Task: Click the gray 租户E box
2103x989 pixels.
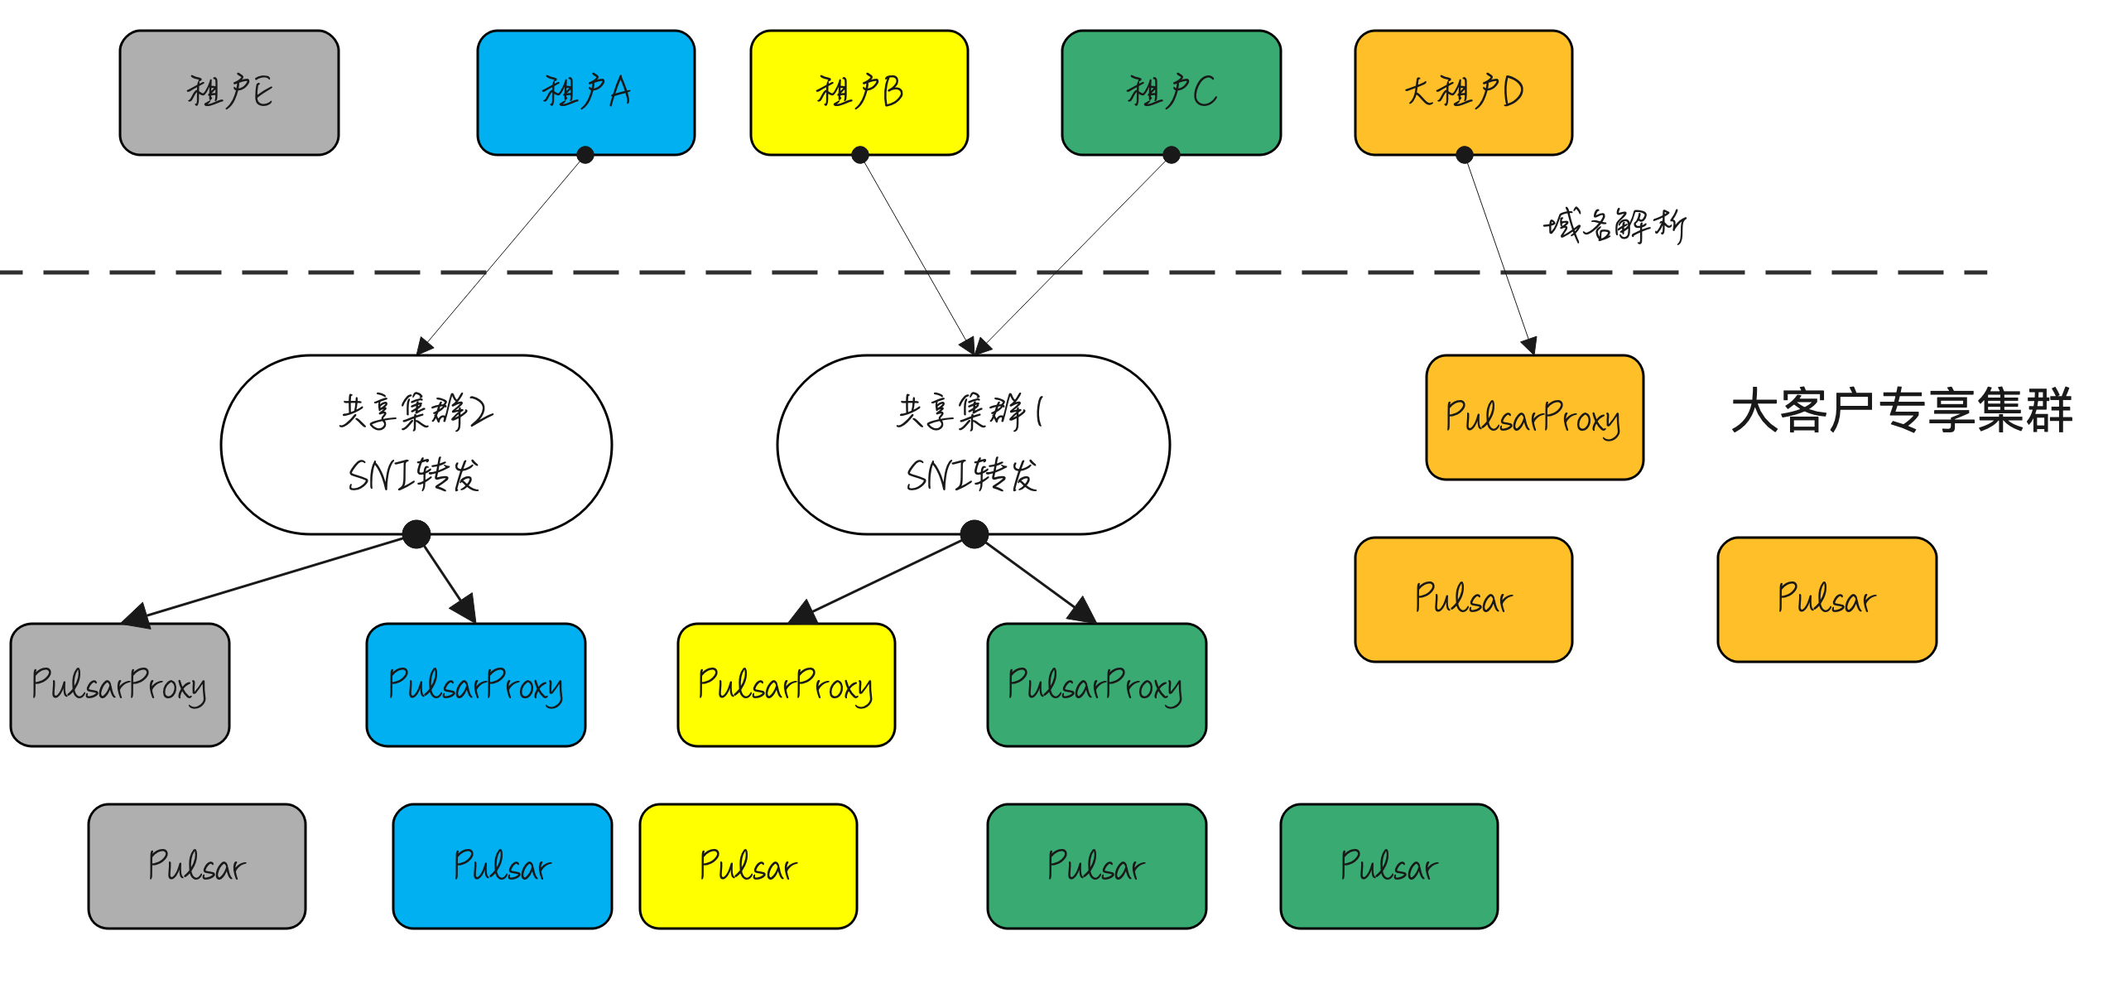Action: (x=229, y=93)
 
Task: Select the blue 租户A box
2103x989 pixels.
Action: (x=586, y=93)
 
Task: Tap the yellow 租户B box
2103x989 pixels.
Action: (x=859, y=93)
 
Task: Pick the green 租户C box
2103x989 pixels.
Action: (x=1172, y=93)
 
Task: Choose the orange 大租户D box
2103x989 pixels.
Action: (x=1464, y=93)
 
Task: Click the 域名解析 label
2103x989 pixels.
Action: (x=1615, y=225)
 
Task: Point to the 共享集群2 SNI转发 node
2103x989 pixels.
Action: (x=416, y=445)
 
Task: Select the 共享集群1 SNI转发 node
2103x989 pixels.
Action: (x=974, y=445)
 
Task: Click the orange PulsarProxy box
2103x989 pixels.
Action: (x=1535, y=417)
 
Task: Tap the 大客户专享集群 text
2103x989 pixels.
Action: (x=1902, y=411)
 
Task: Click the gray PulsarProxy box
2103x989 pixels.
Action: (x=120, y=685)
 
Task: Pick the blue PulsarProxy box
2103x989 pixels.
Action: (x=476, y=685)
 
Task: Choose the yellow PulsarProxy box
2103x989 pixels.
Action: (x=787, y=685)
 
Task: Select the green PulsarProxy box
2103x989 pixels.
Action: (x=1097, y=685)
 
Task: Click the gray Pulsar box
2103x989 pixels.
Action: (x=197, y=866)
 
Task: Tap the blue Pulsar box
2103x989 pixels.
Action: (x=503, y=866)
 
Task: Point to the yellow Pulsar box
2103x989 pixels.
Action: (x=748, y=866)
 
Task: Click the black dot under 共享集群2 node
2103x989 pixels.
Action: (x=416, y=534)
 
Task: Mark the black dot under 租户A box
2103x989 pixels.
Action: (x=585, y=155)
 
